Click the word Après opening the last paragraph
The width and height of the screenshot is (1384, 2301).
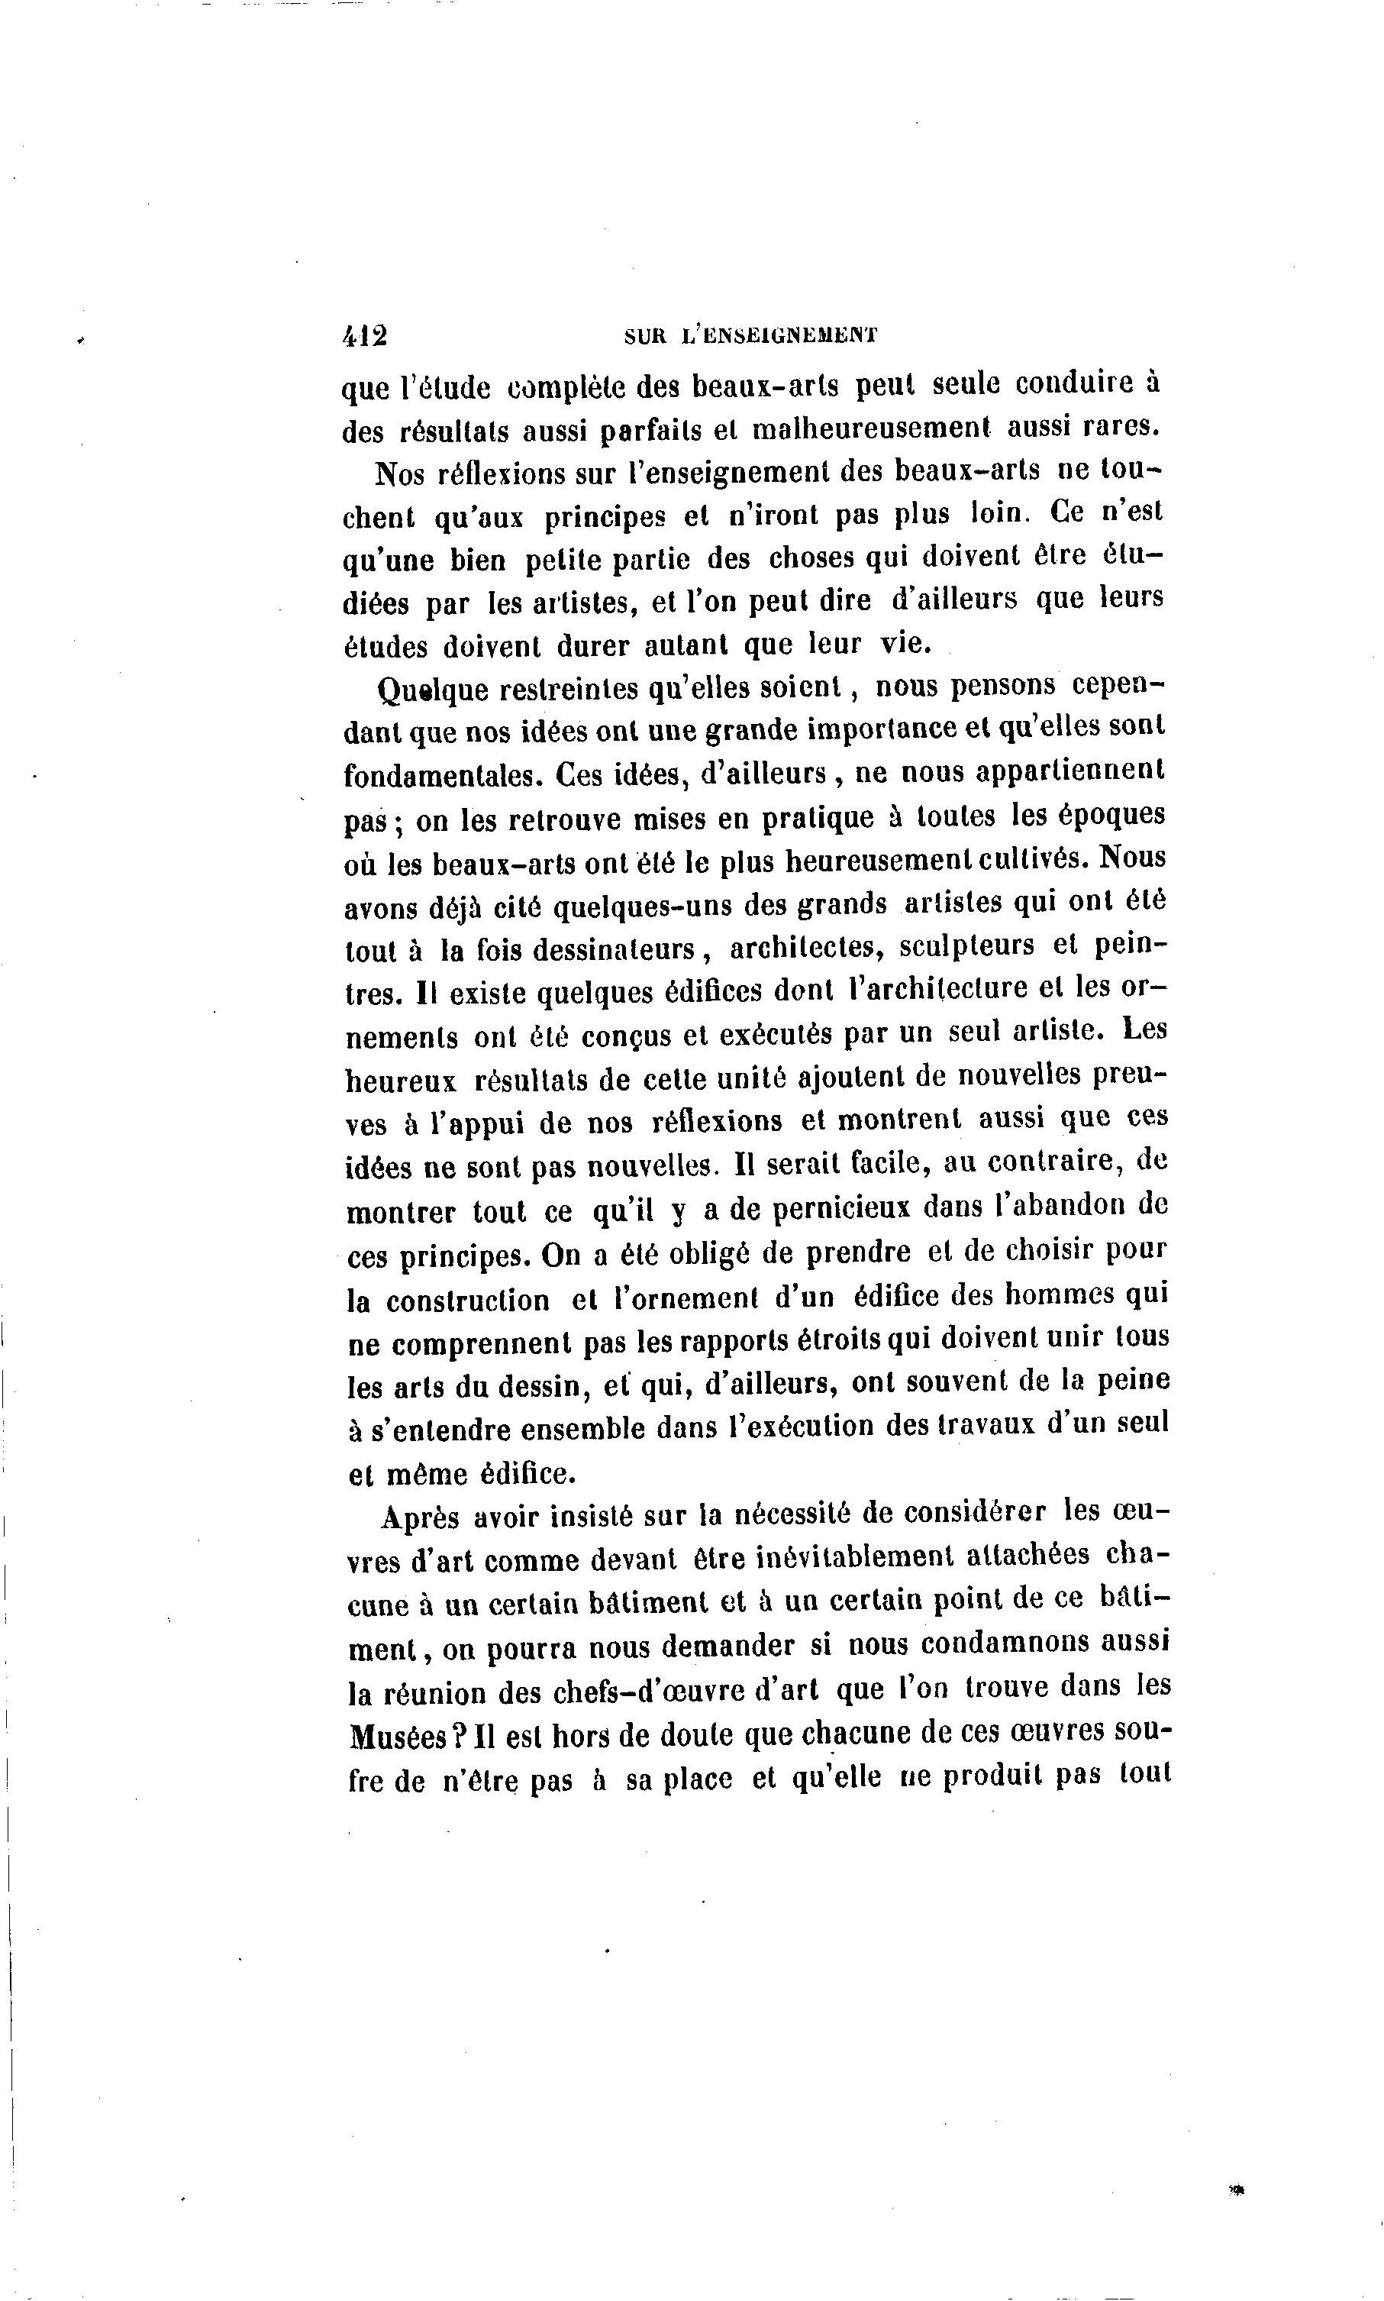tap(420, 1518)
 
